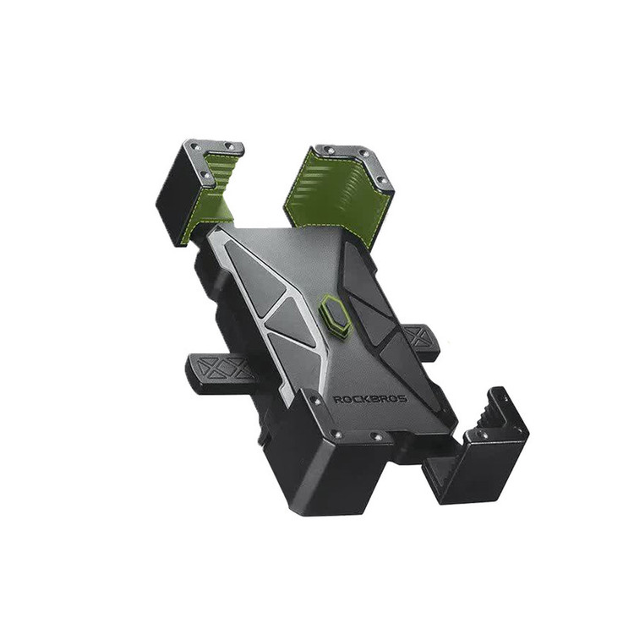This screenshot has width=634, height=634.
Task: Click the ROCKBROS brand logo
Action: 369,400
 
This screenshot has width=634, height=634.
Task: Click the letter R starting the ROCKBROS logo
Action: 336,400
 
